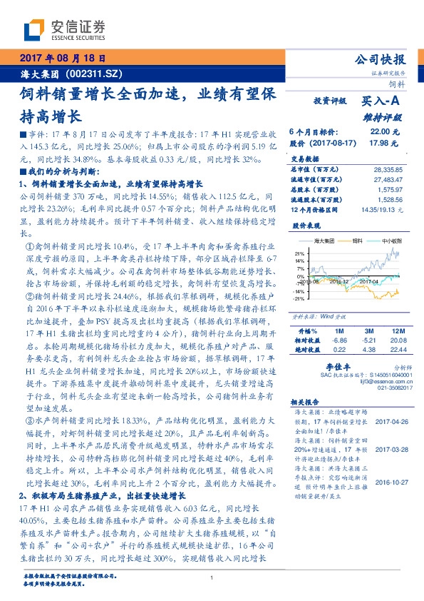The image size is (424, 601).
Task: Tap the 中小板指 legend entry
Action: click(391, 242)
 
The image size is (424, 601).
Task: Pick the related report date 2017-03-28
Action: click(388, 450)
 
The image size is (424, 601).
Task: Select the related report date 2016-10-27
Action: click(388, 482)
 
